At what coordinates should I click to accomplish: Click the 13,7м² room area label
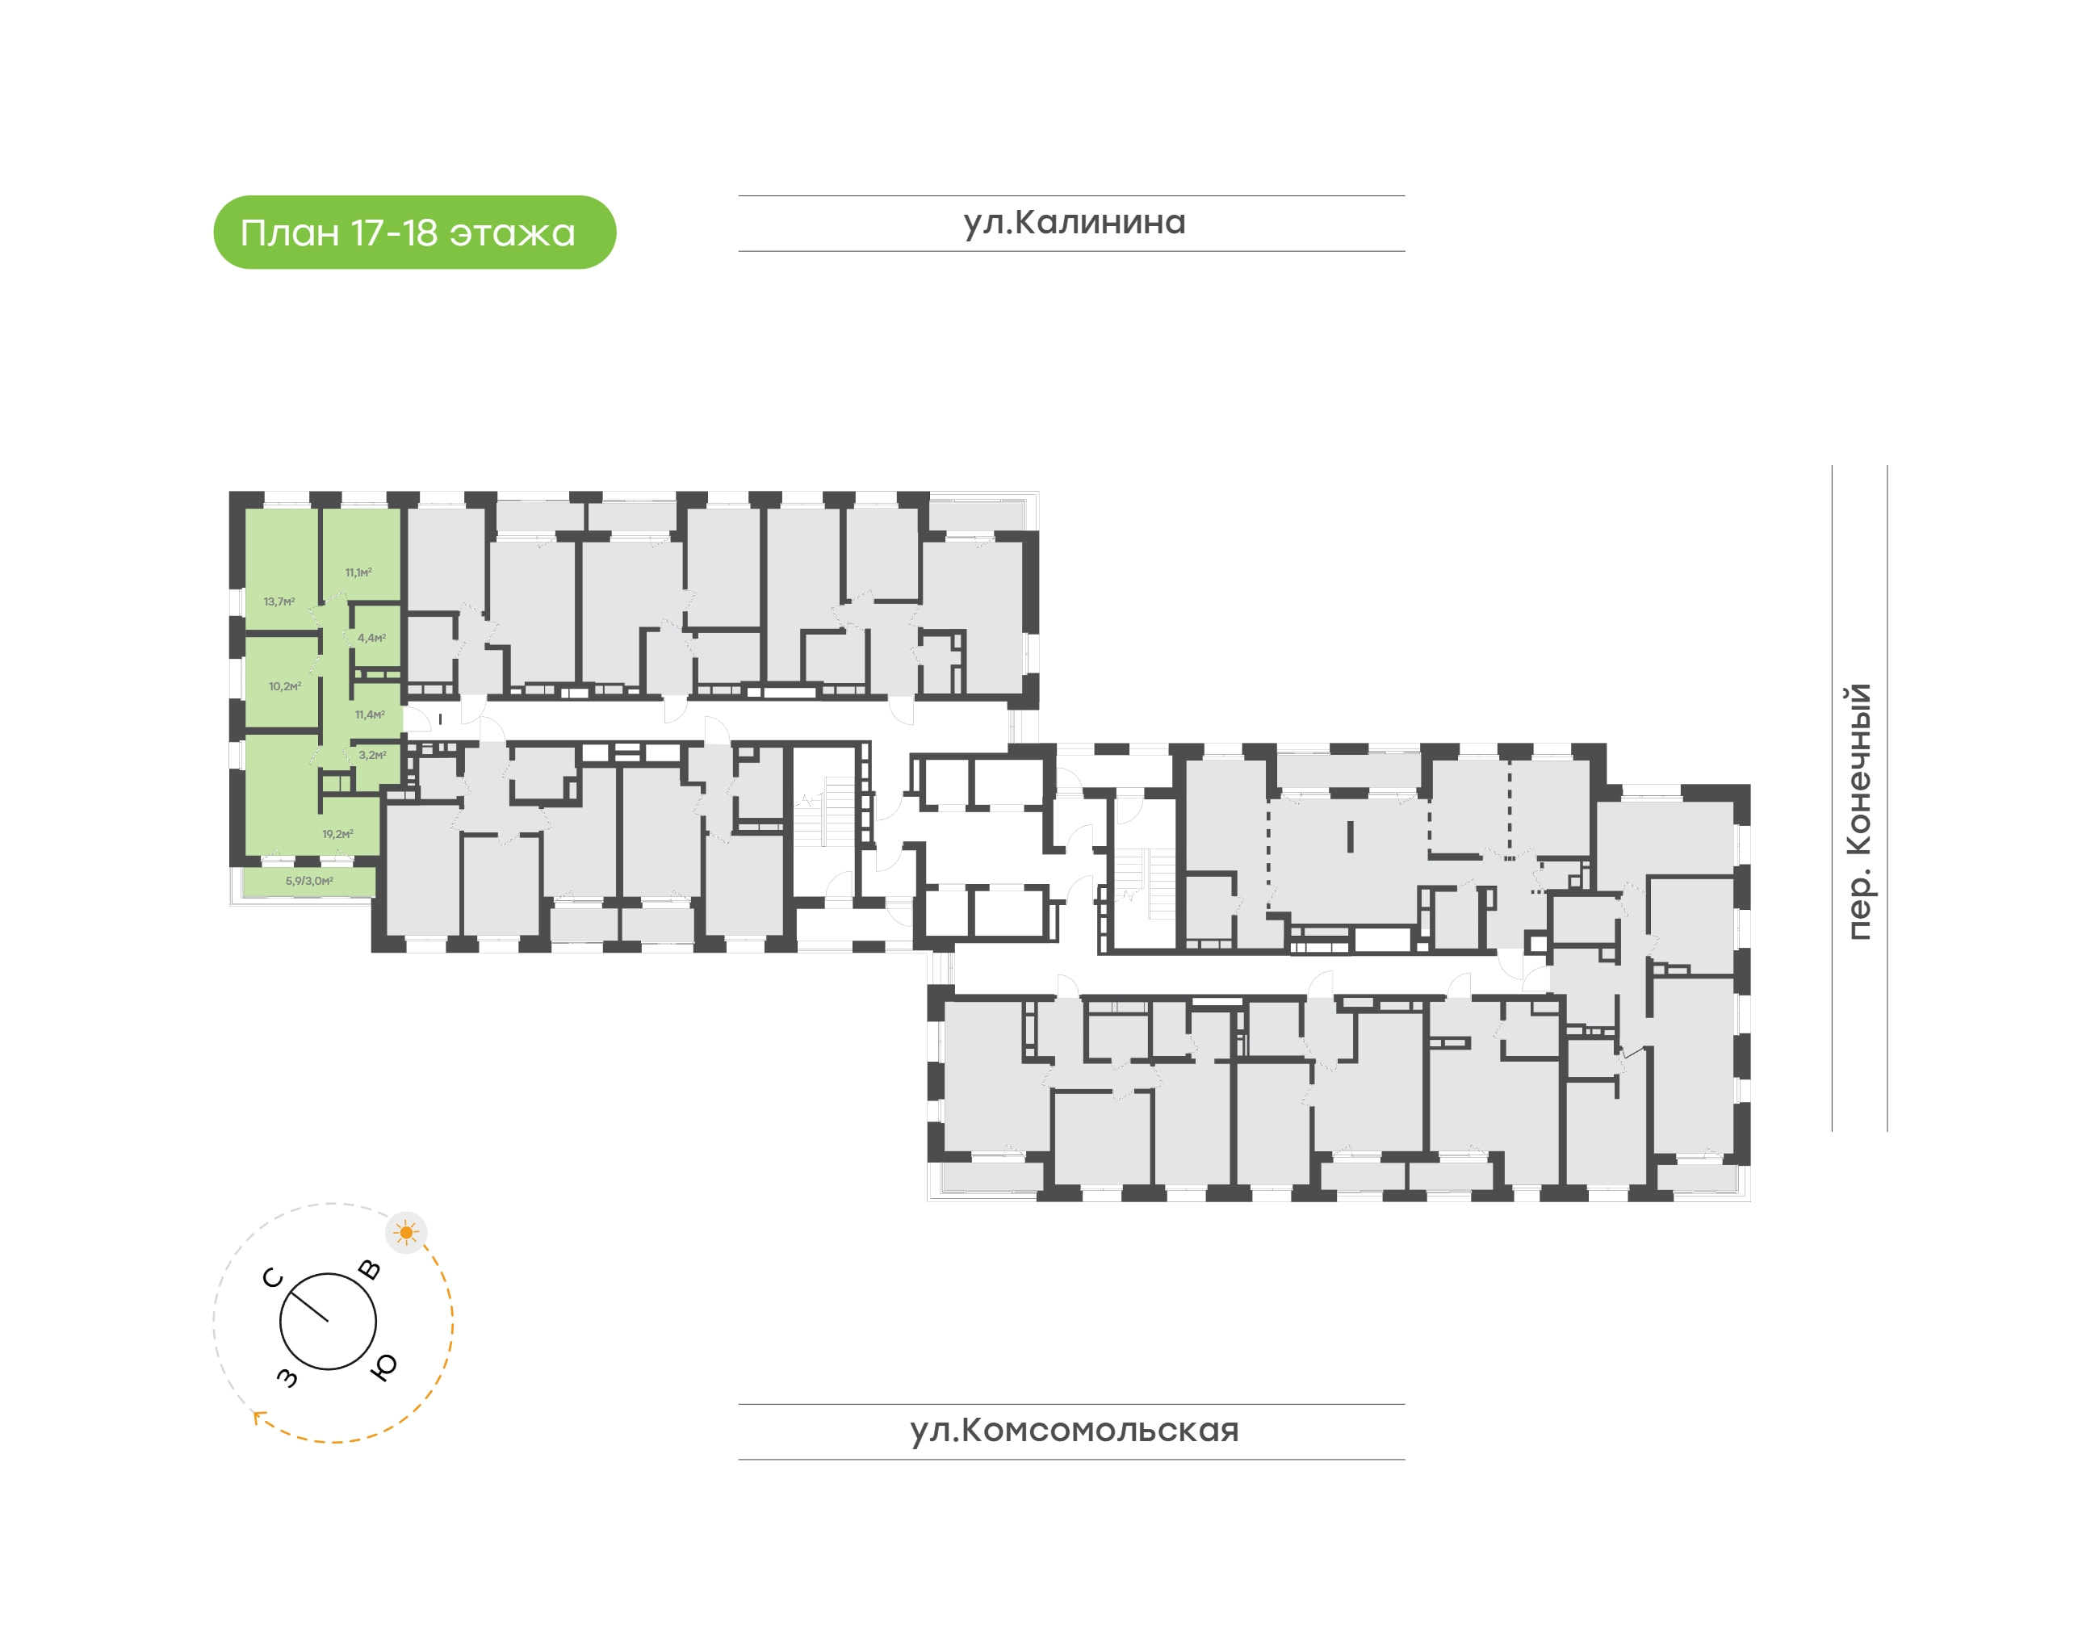[279, 601]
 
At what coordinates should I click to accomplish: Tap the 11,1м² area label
[358, 572]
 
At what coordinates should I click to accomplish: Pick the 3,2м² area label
[373, 755]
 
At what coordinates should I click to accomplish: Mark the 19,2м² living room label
[337, 834]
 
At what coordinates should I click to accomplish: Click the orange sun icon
[407, 1232]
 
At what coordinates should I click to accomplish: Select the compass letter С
[273, 1279]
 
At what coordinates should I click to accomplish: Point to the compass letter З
[287, 1378]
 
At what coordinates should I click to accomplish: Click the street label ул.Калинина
[1074, 223]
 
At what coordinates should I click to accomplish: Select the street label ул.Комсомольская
[1074, 1430]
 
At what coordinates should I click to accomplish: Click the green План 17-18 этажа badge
[415, 233]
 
